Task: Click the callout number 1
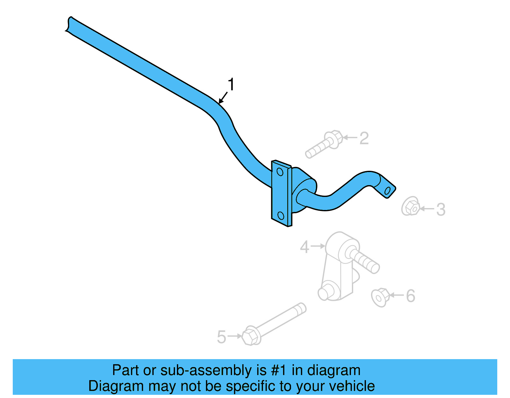click(231, 85)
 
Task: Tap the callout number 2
click(364, 138)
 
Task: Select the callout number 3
click(441, 210)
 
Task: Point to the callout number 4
click(304, 247)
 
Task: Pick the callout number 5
click(221, 337)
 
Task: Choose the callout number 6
click(411, 296)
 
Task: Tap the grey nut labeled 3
click(411, 206)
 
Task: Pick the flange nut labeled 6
click(380, 297)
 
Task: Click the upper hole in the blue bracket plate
click(280, 172)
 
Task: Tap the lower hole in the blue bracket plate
click(281, 216)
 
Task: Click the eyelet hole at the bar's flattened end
click(388, 191)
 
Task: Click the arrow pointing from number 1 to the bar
click(223, 98)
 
